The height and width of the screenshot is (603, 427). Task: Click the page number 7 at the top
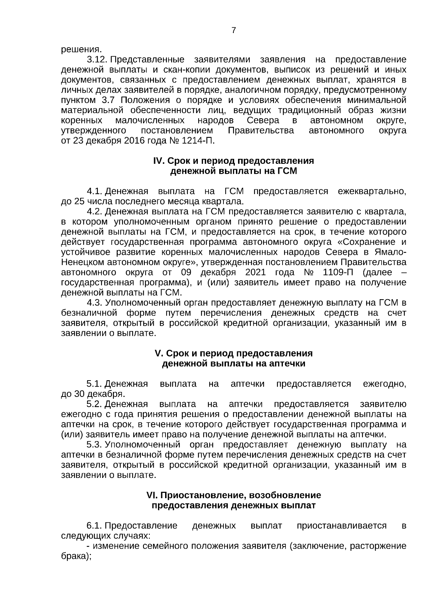[x=234, y=31]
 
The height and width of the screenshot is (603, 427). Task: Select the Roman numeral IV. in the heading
[x=158, y=161]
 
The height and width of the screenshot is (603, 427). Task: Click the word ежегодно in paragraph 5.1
[x=384, y=384]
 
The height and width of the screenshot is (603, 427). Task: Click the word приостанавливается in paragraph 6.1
[x=342, y=526]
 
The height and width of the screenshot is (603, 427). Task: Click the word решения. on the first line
[x=79, y=49]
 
